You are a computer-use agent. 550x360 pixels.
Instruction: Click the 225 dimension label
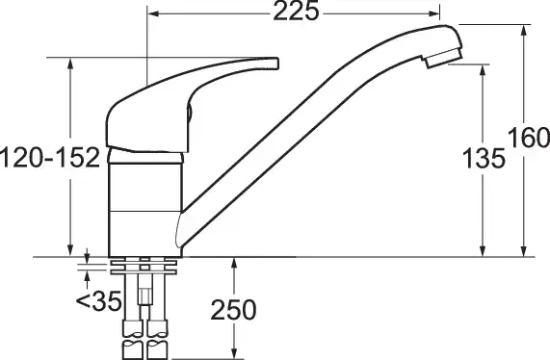tap(296, 12)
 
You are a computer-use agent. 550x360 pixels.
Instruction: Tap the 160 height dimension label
tap(529, 138)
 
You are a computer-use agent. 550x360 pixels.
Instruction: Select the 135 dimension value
tap(484, 158)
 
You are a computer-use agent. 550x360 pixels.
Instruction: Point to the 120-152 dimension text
tap(50, 158)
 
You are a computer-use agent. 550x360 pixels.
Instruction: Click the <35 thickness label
tap(98, 301)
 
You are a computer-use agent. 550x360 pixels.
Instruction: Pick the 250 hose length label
tap(233, 310)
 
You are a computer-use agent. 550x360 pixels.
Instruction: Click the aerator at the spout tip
tap(443, 58)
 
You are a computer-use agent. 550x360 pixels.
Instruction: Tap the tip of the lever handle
tap(276, 64)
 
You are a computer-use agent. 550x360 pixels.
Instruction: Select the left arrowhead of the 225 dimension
tap(154, 13)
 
